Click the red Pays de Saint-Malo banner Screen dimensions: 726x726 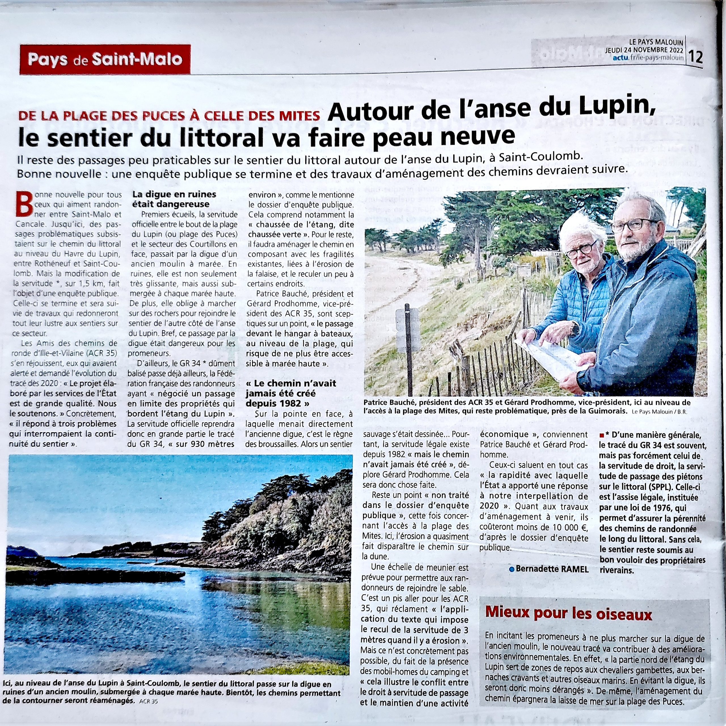tap(105, 59)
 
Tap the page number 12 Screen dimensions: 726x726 tap(695, 57)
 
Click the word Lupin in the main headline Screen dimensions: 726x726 tap(617, 109)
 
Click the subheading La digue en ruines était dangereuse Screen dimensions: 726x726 tap(174, 199)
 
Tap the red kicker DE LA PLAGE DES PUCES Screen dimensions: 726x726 tap(169, 115)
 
